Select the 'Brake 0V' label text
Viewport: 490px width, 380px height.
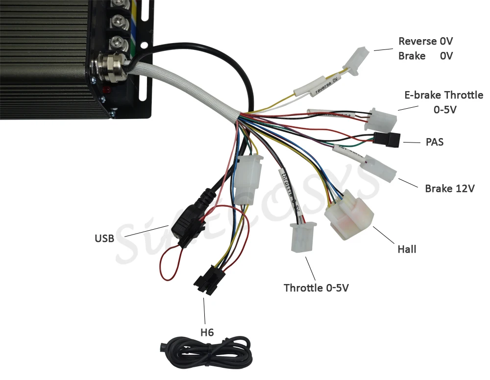[425, 56]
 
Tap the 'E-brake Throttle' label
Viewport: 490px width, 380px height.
[443, 95]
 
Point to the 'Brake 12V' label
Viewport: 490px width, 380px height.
[449, 189]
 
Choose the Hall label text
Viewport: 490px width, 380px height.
[407, 249]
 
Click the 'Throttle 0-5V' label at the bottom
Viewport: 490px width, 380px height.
[316, 288]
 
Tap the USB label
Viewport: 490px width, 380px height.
[104, 238]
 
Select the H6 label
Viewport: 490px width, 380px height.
[207, 332]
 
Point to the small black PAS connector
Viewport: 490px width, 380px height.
[387, 139]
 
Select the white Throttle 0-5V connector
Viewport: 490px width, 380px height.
[303, 238]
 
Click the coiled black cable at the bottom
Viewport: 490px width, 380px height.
[206, 350]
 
